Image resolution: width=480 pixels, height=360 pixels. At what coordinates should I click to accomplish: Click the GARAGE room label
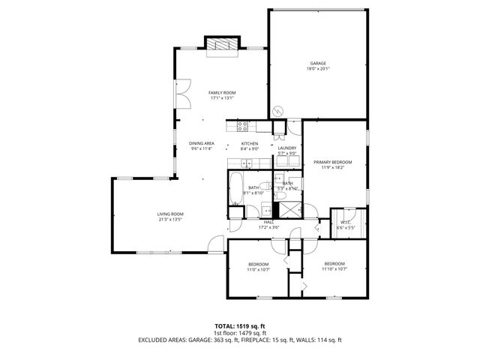(318, 63)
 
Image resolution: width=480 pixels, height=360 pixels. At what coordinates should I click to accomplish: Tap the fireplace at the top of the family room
(222, 46)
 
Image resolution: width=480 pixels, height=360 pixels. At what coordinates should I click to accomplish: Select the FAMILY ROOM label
(221, 92)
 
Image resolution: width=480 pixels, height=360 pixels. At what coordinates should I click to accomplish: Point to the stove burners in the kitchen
(241, 124)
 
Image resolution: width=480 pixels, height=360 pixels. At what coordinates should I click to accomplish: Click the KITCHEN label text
(250, 143)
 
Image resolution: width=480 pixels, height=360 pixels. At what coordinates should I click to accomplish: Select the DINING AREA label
(202, 143)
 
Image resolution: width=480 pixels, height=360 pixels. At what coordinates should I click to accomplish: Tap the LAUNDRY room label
(287, 148)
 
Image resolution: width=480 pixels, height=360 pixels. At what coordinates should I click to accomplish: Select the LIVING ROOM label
(170, 214)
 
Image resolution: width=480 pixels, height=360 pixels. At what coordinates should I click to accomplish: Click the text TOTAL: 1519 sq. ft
(240, 327)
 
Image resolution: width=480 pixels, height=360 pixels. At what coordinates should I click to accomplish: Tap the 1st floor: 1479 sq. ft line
(240, 333)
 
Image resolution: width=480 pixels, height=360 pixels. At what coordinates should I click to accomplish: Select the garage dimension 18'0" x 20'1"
(318, 68)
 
